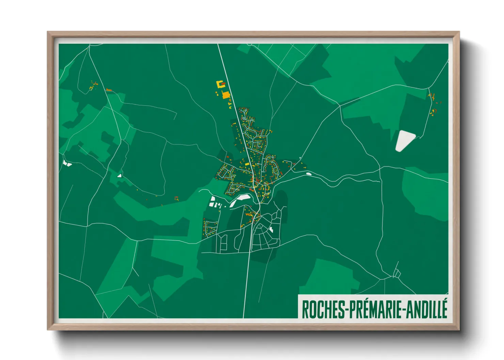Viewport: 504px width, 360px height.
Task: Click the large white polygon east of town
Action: click(405, 140)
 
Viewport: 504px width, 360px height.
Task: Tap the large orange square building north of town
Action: click(226, 95)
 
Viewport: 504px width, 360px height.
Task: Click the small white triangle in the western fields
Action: click(120, 176)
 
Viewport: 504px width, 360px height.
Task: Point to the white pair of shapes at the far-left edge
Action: click(67, 164)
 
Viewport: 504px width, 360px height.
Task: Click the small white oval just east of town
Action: click(309, 174)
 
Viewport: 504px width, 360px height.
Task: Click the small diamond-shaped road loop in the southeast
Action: click(397, 273)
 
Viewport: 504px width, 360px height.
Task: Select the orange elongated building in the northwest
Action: click(109, 90)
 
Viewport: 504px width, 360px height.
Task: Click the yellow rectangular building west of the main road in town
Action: click(247, 164)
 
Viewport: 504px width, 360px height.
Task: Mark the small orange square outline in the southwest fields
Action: click(176, 198)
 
